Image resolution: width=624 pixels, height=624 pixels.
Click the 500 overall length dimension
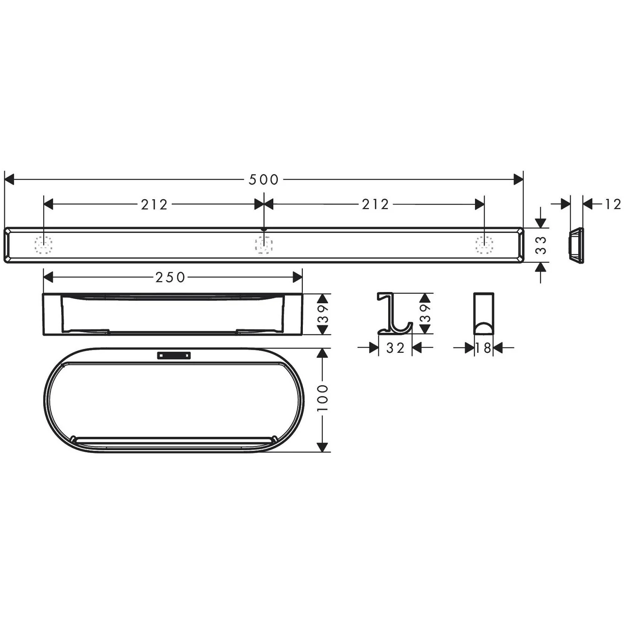(x=263, y=180)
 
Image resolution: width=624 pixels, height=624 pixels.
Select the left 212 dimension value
(x=154, y=205)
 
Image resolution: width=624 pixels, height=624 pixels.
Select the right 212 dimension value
(x=375, y=205)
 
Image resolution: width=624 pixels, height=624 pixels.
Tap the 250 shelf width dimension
(x=170, y=277)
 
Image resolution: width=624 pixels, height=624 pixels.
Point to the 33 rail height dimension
(x=541, y=245)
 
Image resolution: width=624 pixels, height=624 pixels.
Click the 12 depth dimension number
(x=613, y=204)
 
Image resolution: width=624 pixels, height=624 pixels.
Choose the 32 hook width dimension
(x=395, y=348)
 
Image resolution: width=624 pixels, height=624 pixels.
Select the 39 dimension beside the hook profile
(x=425, y=313)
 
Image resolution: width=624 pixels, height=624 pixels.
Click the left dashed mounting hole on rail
(x=44, y=245)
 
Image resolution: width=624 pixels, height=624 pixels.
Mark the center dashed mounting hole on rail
(x=264, y=245)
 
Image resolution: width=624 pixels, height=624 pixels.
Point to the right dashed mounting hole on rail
(x=484, y=245)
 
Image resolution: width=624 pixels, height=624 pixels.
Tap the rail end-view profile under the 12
(x=576, y=245)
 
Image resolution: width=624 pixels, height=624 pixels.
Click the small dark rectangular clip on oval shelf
(x=174, y=355)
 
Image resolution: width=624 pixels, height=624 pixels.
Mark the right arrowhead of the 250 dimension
(x=297, y=277)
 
